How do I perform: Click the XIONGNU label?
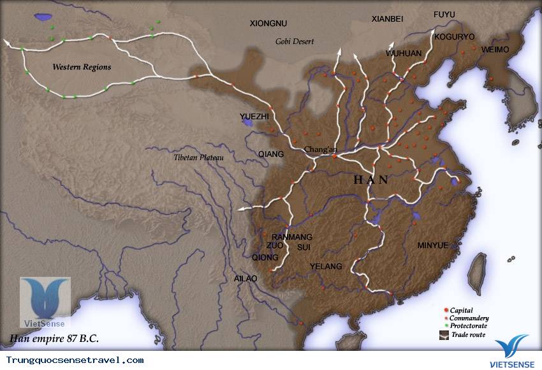[268, 24]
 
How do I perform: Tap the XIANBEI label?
[388, 19]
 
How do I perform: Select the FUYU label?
[444, 15]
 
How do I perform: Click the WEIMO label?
[495, 49]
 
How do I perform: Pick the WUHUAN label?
[404, 54]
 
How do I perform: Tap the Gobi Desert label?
[295, 41]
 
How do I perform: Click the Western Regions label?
[82, 67]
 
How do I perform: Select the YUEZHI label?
[254, 117]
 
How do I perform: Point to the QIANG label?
[271, 154]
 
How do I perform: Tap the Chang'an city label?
[320, 149]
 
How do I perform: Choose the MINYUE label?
[433, 245]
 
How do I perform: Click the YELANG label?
[326, 266]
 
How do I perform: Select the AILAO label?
[245, 279]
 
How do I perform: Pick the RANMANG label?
[292, 237]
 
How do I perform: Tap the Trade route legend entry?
[468, 334]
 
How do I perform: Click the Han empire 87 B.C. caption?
[54, 337]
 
